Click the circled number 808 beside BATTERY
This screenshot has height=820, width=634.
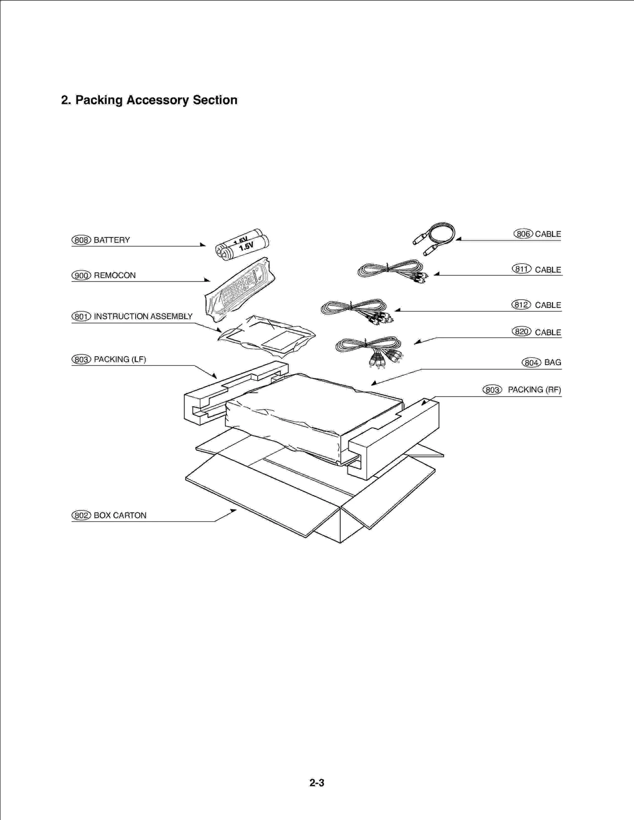[x=81, y=240]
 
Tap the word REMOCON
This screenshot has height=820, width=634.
[x=115, y=275]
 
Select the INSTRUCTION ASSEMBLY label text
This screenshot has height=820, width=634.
[x=143, y=316]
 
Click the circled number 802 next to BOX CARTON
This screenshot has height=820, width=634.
[x=81, y=515]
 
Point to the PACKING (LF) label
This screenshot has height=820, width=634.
[x=120, y=359]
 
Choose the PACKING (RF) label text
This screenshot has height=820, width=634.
[x=534, y=390]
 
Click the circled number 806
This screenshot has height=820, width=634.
[x=523, y=234]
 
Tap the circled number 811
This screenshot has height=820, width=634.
[x=521, y=269]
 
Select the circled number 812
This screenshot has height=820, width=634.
[x=521, y=304]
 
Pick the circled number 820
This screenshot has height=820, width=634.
[x=521, y=331]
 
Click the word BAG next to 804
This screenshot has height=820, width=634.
[x=552, y=362]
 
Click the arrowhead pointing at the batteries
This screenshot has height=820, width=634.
[x=203, y=245]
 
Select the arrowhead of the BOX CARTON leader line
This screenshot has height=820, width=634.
[x=233, y=511]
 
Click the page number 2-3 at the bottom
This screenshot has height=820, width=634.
[x=317, y=783]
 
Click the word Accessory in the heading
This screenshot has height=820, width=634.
[x=157, y=100]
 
